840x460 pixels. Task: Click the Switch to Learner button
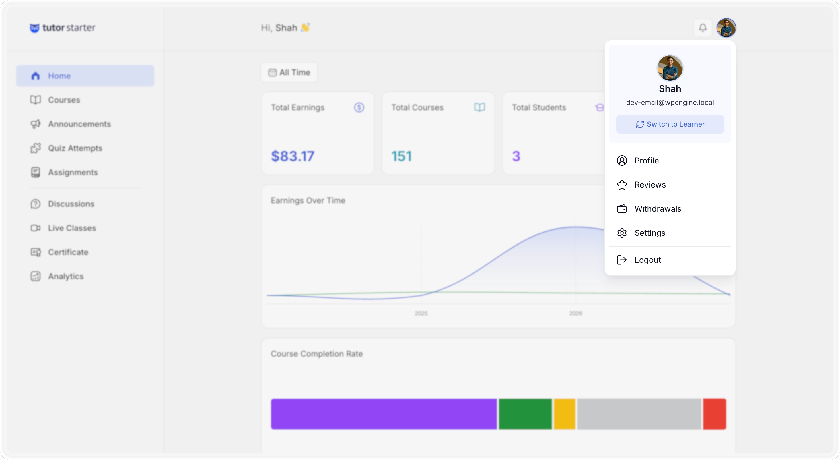670,124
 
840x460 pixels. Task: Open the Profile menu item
646,161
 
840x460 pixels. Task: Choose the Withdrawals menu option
658,209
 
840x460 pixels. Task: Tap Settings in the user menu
650,233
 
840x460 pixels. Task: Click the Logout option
647,260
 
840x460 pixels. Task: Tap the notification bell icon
703,28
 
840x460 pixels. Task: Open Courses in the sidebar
64,100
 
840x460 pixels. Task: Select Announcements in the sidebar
79,124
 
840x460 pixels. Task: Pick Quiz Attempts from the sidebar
75,148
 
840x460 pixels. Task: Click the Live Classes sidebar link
72,228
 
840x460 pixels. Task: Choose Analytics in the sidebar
65,276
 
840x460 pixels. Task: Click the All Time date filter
289,72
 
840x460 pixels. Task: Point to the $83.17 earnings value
293,156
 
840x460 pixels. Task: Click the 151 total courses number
401,156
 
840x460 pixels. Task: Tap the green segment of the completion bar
525,414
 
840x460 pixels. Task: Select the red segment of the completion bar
714,414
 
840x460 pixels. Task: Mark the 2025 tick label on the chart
421,313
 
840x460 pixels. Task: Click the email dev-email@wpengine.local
670,103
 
